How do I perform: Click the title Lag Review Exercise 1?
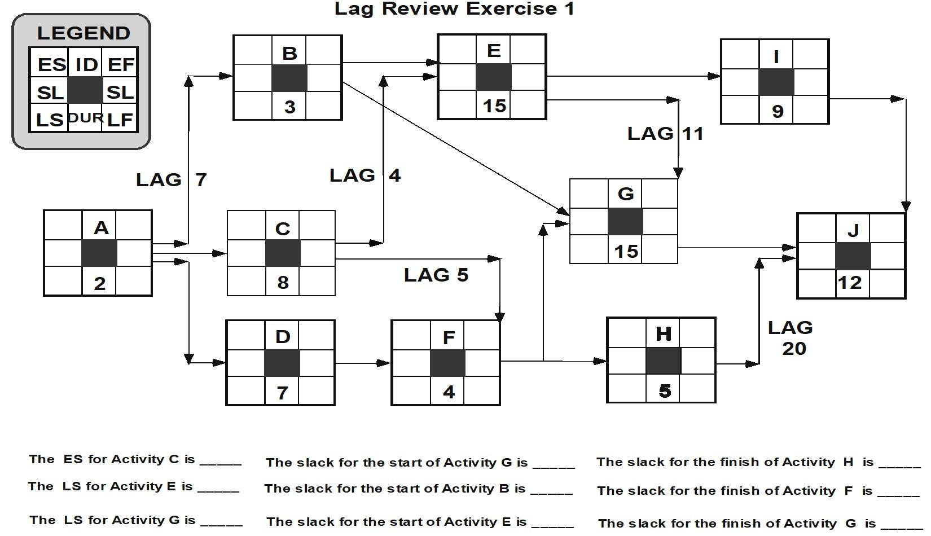(454, 9)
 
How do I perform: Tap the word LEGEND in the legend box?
(84, 33)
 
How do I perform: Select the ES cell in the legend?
(51, 64)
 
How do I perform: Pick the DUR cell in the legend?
(85, 118)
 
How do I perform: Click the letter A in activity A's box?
(100, 228)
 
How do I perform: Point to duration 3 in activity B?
(289, 107)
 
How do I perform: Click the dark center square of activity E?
(493, 77)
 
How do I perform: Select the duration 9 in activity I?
(777, 111)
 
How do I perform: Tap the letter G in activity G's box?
(625, 194)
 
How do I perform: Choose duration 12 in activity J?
(850, 282)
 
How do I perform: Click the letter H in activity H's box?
(664, 334)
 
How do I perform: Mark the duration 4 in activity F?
(449, 392)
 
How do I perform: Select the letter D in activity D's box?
(283, 337)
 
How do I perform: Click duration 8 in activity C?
(283, 282)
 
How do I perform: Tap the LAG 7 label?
(171, 179)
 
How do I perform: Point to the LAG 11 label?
(665, 133)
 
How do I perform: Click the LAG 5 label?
(436, 275)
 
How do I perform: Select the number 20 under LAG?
(793, 348)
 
